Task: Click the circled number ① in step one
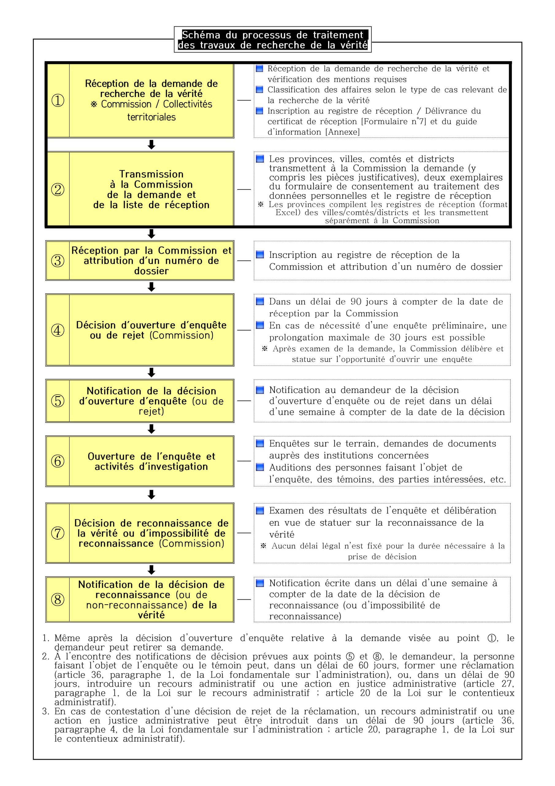[x=58, y=100]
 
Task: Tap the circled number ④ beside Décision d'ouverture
[x=58, y=330]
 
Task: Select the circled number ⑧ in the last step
[x=58, y=599]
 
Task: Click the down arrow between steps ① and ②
[x=151, y=145]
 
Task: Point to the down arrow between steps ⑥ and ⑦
[x=151, y=494]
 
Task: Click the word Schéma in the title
[x=201, y=35]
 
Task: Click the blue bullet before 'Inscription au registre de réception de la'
[x=260, y=254]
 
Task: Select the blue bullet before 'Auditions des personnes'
[x=260, y=467]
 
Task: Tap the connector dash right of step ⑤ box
[x=244, y=401]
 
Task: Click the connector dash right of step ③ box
[x=244, y=261]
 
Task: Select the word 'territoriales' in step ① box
[x=151, y=117]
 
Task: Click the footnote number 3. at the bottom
[x=46, y=711]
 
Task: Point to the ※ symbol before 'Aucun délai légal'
[x=263, y=546]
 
